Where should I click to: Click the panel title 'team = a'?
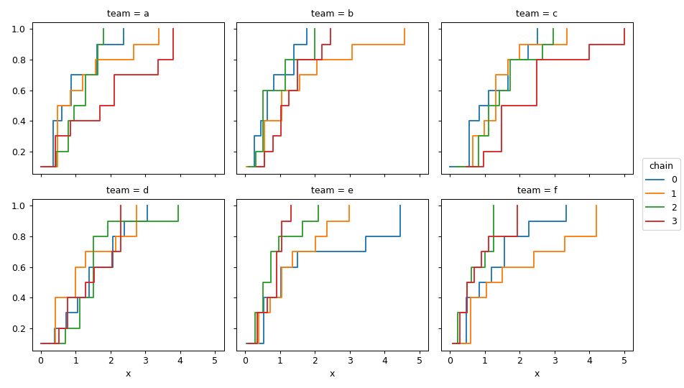pos(128,14)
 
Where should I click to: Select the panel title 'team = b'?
pos(332,14)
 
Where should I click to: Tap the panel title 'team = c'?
pos(537,14)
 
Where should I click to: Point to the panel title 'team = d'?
pos(128,190)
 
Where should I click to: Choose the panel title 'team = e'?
pos(332,190)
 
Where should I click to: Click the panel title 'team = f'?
pos(537,190)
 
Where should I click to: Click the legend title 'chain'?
pos(661,166)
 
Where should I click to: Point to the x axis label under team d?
pos(128,374)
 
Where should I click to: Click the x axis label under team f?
pos(537,374)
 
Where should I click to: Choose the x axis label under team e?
pos(332,374)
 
